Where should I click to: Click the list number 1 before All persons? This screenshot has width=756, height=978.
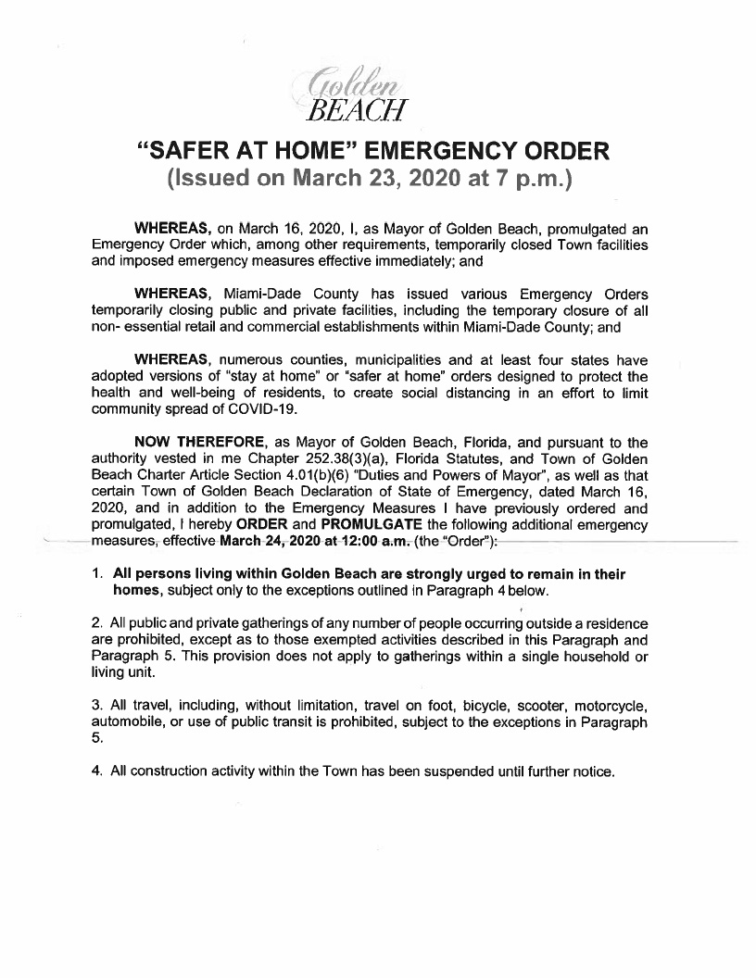[x=96, y=574]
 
